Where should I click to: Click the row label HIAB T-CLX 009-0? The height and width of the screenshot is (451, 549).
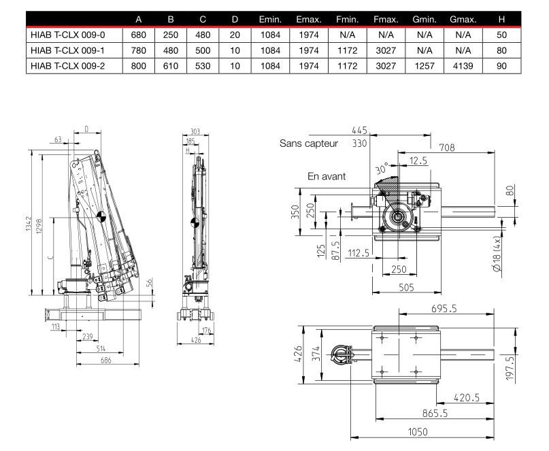tap(68, 35)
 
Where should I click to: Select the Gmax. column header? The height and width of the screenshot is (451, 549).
tap(462, 19)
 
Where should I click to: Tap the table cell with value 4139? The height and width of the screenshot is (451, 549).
tap(462, 66)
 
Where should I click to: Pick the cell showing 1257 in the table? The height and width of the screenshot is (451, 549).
tap(424, 66)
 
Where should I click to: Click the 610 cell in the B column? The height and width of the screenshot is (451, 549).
tap(172, 66)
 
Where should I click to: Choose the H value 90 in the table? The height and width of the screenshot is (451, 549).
tap(502, 66)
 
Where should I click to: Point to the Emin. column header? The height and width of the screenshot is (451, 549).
tap(271, 19)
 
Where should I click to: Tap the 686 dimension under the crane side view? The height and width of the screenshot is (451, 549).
tap(105, 361)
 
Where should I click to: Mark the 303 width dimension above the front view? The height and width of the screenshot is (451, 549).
tap(195, 131)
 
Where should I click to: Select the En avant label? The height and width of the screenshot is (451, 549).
tap(327, 176)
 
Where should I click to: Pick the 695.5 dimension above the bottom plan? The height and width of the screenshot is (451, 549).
tap(444, 309)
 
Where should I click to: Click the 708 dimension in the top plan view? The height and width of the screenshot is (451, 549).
tap(447, 148)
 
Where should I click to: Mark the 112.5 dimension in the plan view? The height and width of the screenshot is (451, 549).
tap(358, 254)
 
